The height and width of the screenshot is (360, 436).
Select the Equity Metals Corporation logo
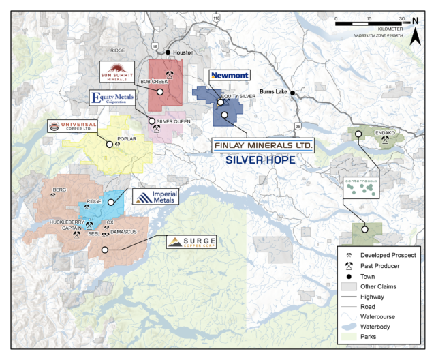point(119,100)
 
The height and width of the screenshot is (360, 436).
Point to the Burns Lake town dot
point(293,93)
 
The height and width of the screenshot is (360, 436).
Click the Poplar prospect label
point(128,138)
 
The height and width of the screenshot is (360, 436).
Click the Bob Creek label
point(154,81)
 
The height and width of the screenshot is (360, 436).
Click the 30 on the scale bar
point(401,18)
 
